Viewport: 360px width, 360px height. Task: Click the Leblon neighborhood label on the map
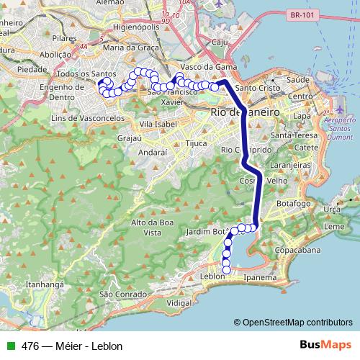coord(210,276)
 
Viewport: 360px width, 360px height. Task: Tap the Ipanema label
coord(261,276)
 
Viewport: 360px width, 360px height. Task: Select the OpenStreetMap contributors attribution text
coord(297,322)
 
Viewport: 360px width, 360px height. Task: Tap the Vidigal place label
coord(179,304)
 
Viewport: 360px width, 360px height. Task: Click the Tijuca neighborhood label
coord(197,143)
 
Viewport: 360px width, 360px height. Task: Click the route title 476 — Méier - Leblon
coord(72,346)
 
